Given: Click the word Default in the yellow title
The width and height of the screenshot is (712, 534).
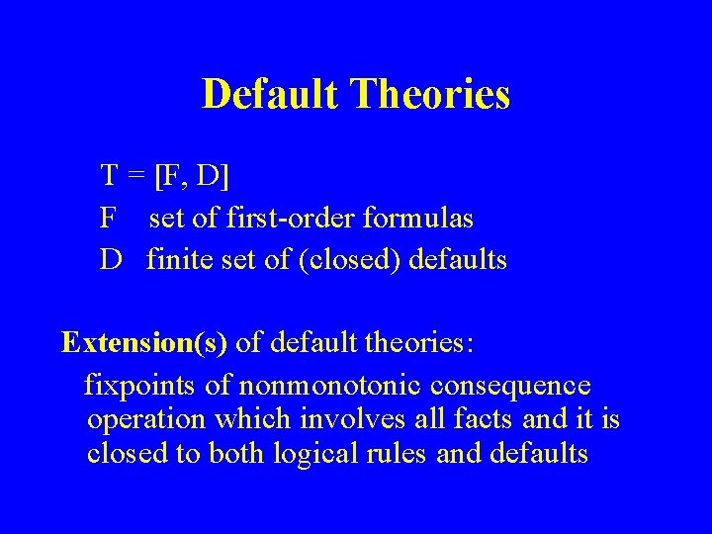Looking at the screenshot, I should [270, 95].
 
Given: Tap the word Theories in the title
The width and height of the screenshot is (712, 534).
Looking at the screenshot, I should [431, 95].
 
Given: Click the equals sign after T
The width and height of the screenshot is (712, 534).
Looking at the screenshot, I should [136, 177].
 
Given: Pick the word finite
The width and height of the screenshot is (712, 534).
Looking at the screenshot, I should [180, 260].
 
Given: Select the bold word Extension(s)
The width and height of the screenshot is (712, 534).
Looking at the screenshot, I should [144, 342].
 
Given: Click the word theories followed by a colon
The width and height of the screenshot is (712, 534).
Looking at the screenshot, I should [416, 342].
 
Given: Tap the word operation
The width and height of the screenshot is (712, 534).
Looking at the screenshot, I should [146, 419].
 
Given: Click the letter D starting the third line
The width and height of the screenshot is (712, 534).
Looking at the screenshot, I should [110, 260].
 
